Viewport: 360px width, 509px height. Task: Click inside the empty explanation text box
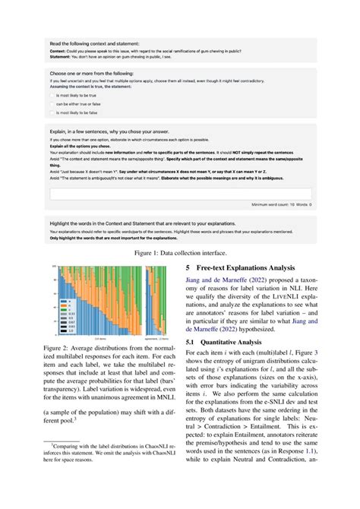coord(179,194)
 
